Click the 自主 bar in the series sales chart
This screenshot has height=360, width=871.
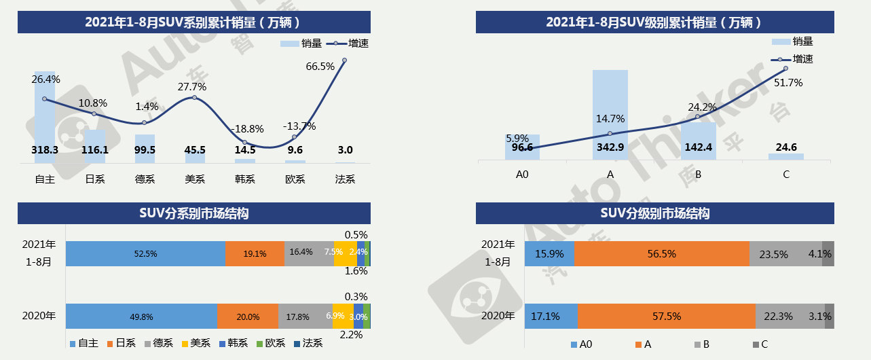tap(45, 115)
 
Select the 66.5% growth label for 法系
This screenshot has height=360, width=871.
tap(320, 66)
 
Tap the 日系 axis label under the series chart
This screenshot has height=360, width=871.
tap(94, 179)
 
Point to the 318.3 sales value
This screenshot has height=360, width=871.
tap(45, 150)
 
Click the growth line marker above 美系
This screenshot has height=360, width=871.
tap(195, 98)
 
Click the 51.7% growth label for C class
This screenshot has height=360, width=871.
tap(788, 83)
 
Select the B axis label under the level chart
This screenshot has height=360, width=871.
tap(698, 175)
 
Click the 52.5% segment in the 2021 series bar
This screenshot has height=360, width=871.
tap(145, 253)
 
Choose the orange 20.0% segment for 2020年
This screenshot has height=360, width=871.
tap(247, 317)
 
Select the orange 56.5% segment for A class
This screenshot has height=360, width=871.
tap(661, 253)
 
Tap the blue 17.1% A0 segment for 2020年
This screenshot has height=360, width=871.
tap(551, 317)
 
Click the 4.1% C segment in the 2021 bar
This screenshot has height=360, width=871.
tap(828, 253)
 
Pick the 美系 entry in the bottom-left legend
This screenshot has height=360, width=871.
tap(198, 344)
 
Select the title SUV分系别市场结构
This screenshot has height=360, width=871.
tap(194, 213)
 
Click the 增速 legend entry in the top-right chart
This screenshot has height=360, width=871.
tap(794, 59)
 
